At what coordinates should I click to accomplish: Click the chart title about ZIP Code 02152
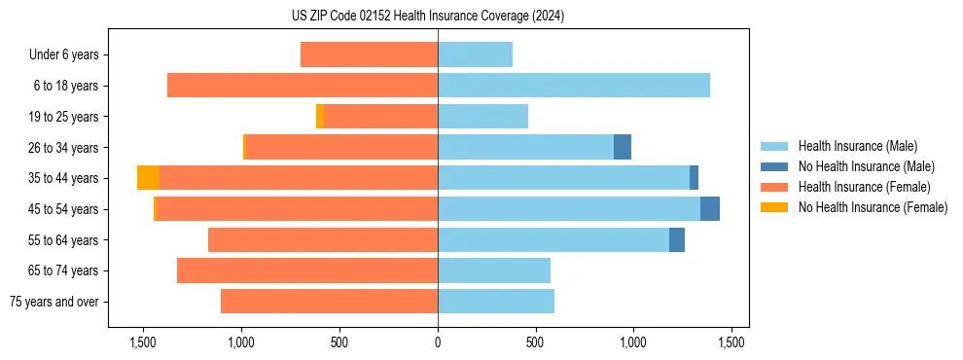click(428, 17)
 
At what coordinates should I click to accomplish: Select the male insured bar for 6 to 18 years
click(574, 86)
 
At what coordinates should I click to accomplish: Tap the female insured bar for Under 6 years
click(369, 54)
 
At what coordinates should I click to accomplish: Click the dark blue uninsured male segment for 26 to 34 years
click(623, 147)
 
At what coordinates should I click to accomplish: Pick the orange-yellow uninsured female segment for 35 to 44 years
click(148, 178)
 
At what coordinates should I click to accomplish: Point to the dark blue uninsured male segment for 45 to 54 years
click(710, 209)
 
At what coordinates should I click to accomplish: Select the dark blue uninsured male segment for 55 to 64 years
click(677, 239)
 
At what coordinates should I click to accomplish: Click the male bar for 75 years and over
click(496, 302)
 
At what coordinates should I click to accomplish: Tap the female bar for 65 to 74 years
click(307, 270)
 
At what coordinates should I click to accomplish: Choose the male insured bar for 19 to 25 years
click(483, 117)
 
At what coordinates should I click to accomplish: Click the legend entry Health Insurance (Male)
click(857, 146)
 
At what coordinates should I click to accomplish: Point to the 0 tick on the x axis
click(438, 342)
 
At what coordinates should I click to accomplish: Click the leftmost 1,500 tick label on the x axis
click(143, 342)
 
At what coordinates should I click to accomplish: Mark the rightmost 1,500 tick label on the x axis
click(731, 342)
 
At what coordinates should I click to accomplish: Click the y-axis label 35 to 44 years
click(63, 178)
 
